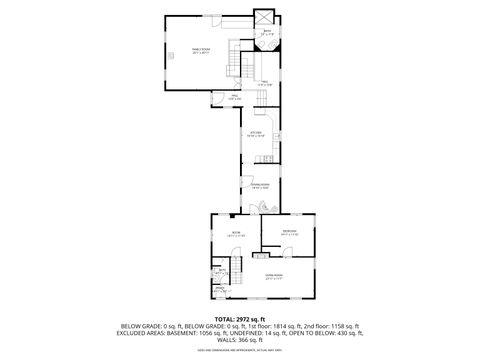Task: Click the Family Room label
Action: click(201, 51)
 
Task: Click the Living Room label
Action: click(273, 276)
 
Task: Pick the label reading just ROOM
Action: click(236, 233)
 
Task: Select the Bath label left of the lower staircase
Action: click(220, 270)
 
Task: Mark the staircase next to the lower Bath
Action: click(237, 272)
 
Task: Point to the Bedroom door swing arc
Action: click(268, 240)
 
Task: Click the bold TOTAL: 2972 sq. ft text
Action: click(240, 319)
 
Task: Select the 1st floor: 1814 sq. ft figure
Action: click(283, 326)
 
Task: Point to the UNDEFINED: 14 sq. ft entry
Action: click(261, 333)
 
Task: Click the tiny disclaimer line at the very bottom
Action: click(240, 351)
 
